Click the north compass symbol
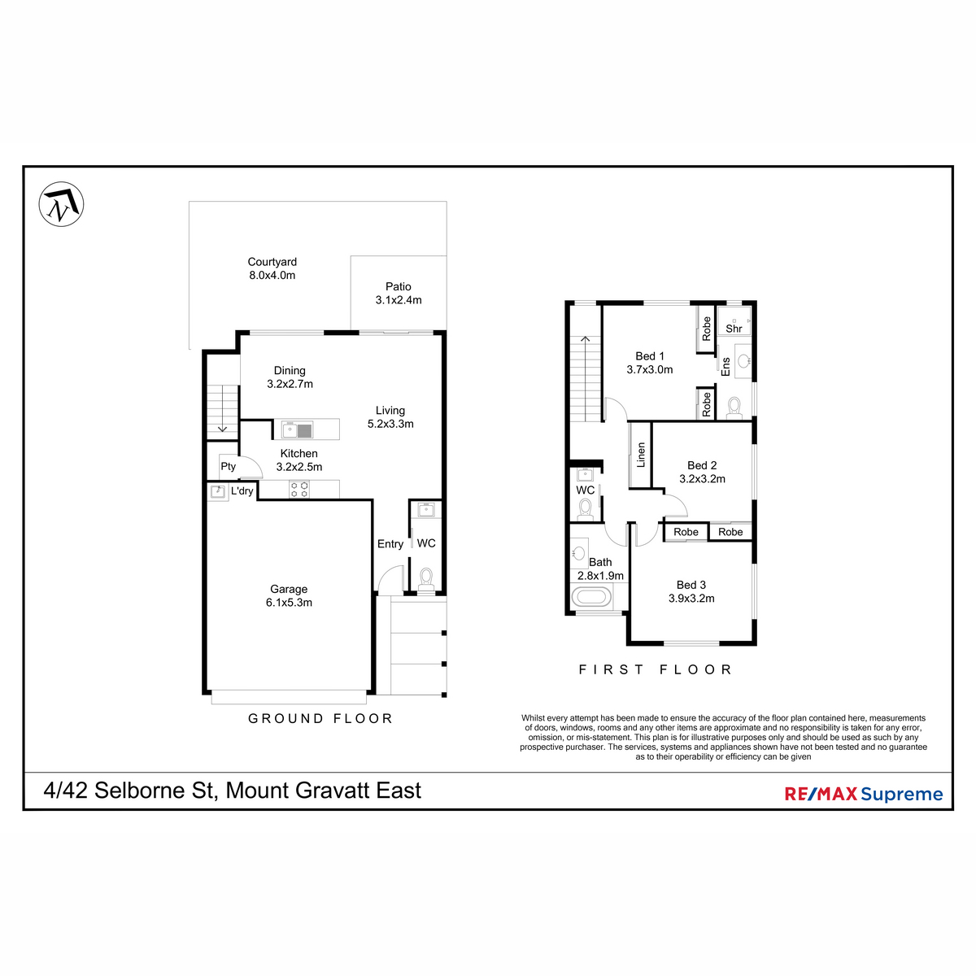(x=62, y=204)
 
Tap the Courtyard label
(x=272, y=262)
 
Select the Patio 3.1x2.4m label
(x=399, y=293)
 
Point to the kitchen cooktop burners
(x=299, y=489)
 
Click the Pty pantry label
(x=228, y=466)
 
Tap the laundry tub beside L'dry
(x=218, y=492)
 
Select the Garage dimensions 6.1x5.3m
(x=289, y=603)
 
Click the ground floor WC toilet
(x=425, y=578)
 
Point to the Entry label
(x=390, y=544)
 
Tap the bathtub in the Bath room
(x=591, y=598)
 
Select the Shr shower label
(x=734, y=329)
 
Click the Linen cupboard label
(x=641, y=455)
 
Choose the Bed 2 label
(x=702, y=465)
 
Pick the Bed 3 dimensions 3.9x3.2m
(x=691, y=599)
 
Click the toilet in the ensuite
(x=734, y=405)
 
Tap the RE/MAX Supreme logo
(x=863, y=794)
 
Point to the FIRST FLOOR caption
(x=656, y=669)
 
